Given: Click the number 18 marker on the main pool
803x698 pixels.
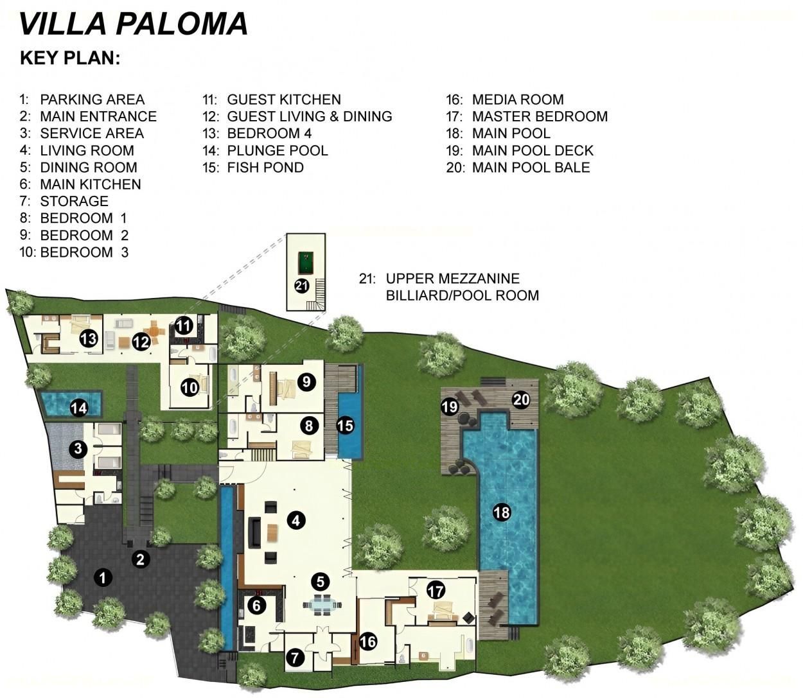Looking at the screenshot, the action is tap(501, 512).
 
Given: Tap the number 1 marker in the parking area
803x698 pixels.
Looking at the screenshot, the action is tap(103, 577).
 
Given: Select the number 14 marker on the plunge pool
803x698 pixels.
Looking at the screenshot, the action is tap(78, 409).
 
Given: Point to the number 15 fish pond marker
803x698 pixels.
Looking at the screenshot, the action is tap(346, 426).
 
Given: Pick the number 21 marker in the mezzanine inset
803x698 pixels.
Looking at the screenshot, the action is tap(301, 286).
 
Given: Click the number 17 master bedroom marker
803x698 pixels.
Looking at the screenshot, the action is tap(436, 591).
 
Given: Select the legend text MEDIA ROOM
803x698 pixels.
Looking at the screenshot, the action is tap(518, 100).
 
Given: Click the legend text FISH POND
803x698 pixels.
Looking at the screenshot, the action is tap(265, 168).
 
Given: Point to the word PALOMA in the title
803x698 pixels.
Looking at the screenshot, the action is tap(182, 24).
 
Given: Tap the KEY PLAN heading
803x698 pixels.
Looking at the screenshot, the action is tap(70, 58).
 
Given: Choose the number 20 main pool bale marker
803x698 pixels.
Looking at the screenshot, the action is tap(522, 400).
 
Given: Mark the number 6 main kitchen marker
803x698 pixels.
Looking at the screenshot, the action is tap(256, 606).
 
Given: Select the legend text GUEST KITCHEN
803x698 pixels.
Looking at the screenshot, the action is tap(284, 100).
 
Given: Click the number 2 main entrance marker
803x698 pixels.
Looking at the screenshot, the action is tap(141, 559).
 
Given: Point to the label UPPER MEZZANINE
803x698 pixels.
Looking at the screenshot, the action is tap(452, 279).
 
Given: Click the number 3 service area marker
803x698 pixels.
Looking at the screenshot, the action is tap(78, 448).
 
